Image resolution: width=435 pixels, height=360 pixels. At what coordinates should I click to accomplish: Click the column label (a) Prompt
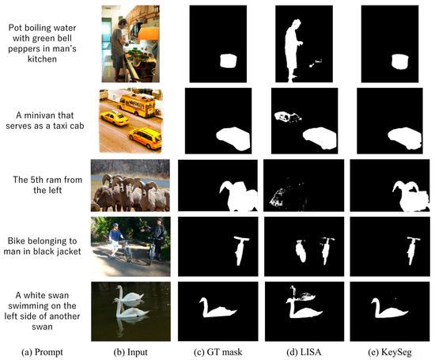click(x=42, y=352)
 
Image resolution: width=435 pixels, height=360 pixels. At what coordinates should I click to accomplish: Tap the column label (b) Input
click(x=130, y=352)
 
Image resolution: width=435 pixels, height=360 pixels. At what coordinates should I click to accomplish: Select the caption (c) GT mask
click(x=217, y=352)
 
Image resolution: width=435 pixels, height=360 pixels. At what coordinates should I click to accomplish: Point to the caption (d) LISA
click(x=304, y=352)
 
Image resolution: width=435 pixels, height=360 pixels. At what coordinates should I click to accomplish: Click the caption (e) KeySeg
click(x=390, y=352)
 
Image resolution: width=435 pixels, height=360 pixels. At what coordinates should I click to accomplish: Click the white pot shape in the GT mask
click(x=229, y=61)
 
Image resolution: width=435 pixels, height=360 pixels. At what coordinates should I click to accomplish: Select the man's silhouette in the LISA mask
click(x=292, y=50)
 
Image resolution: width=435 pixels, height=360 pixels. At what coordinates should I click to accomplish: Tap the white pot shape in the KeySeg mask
click(x=400, y=62)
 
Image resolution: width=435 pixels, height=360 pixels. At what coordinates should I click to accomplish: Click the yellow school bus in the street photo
click(x=137, y=104)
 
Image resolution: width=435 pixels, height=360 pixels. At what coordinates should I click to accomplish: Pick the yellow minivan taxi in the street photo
click(x=145, y=138)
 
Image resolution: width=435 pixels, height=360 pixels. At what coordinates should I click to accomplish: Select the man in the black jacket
click(x=157, y=237)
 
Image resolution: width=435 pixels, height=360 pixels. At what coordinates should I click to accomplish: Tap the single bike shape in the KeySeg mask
click(x=413, y=250)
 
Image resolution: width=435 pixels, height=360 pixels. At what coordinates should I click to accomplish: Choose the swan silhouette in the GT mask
click(x=217, y=309)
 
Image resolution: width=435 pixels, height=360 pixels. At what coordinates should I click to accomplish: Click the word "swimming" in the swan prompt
click(x=42, y=305)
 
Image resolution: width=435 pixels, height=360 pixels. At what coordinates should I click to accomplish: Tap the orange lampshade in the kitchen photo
click(x=149, y=33)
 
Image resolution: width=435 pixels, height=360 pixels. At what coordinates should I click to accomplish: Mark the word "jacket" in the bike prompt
click(x=68, y=252)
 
